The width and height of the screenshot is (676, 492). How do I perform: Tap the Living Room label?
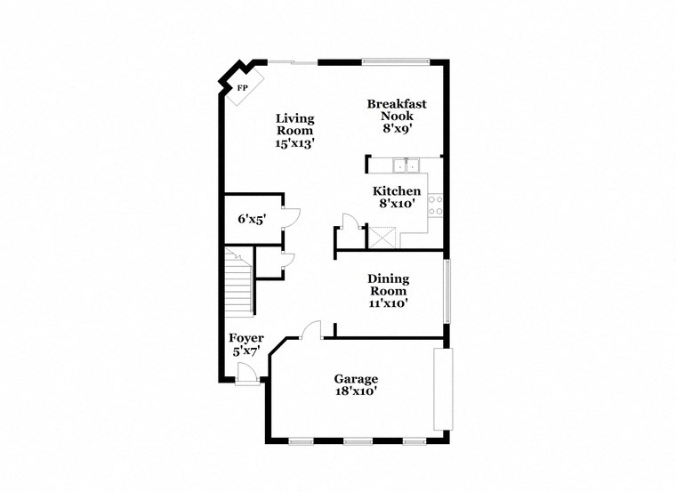coord(294,130)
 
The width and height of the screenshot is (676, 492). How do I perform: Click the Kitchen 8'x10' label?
coord(396,198)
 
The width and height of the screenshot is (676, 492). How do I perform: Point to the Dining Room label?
coord(388,291)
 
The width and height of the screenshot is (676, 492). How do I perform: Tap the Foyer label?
coord(246,344)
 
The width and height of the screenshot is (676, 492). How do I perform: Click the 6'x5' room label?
coord(252,218)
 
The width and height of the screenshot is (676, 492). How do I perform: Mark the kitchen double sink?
coord(405,165)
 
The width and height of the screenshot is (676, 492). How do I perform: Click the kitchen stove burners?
coord(436,206)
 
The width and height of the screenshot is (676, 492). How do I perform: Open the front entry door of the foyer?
coord(247,380)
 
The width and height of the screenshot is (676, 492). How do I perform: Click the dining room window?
coord(447,291)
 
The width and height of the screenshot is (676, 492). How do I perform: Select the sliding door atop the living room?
coord(294,61)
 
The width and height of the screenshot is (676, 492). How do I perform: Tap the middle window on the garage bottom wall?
coord(358,441)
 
